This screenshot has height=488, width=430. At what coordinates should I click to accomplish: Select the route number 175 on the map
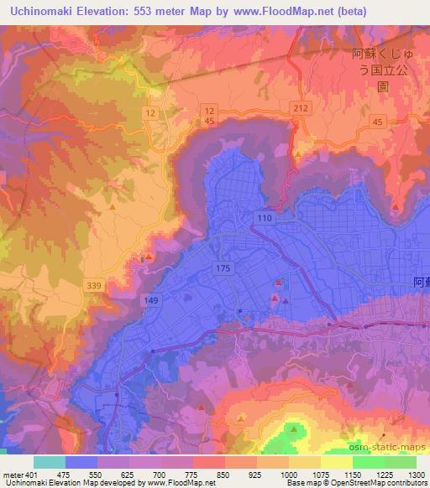[x=223, y=267]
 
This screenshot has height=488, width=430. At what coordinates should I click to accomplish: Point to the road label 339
[x=94, y=286]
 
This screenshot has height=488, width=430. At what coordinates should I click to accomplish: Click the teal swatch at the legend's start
[x=50, y=461]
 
